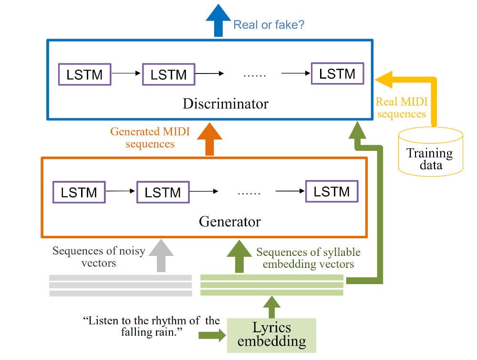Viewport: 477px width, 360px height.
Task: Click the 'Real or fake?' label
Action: click(x=269, y=24)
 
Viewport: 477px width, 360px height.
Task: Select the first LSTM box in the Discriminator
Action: click(x=84, y=75)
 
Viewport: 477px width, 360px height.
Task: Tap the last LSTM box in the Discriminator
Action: click(x=337, y=74)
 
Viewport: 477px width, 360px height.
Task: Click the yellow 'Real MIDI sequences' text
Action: click(x=401, y=107)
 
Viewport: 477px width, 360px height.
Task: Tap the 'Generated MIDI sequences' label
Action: click(x=150, y=137)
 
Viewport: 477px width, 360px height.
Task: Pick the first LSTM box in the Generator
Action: click(x=79, y=192)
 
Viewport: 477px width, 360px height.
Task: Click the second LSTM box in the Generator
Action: click(x=163, y=192)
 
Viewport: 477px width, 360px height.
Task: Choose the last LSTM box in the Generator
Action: click(x=332, y=191)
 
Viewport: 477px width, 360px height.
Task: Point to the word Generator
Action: click(x=229, y=222)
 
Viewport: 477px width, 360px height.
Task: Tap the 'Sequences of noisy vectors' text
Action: click(x=98, y=256)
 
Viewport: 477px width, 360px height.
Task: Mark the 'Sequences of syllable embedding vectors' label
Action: click(x=308, y=258)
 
